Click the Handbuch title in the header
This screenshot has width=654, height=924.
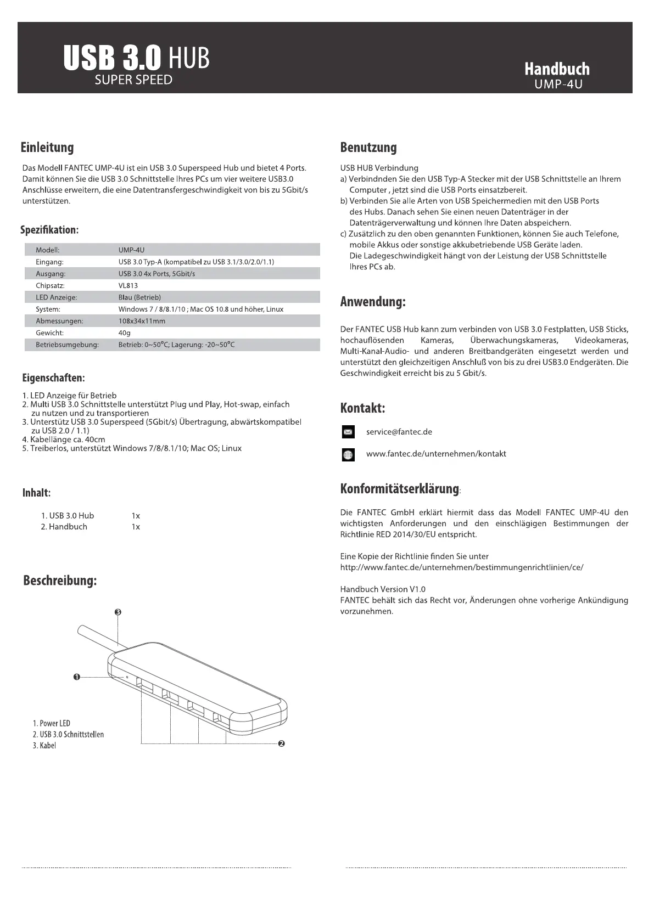[x=557, y=69]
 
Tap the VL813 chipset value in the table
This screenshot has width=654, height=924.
[x=128, y=286]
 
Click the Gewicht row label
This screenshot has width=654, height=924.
[x=49, y=333]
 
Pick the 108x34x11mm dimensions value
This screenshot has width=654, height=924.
[x=142, y=321]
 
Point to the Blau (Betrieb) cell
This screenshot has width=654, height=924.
[x=139, y=297]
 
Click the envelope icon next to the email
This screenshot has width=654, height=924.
[x=348, y=432]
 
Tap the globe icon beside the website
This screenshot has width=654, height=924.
[x=348, y=455]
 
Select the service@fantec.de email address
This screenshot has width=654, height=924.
[x=399, y=432]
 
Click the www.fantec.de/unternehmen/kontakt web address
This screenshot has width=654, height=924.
[x=436, y=454]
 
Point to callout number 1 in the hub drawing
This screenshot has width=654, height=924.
[x=77, y=677]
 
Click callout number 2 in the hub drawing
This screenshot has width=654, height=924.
[x=281, y=744]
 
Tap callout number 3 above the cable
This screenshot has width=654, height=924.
[x=118, y=612]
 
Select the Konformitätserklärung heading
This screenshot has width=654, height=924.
[x=399, y=488]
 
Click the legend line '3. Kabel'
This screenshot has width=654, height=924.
[x=44, y=746]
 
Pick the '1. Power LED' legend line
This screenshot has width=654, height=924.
[x=51, y=723]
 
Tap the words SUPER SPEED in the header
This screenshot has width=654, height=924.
[x=133, y=80]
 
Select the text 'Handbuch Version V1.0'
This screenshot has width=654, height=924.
[x=383, y=589]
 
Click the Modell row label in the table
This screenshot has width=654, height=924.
[x=47, y=250]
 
